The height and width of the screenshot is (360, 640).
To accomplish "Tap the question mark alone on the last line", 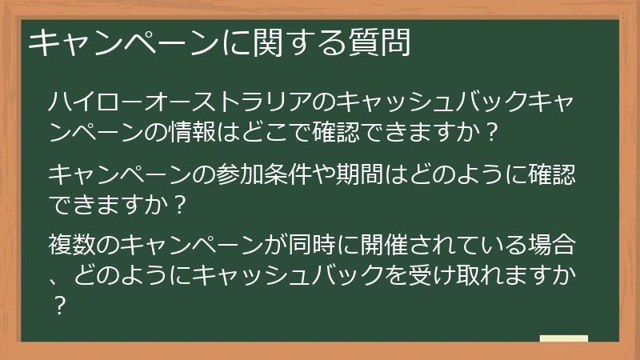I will coord(58,305).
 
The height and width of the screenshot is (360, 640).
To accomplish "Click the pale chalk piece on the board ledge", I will coord(563,338).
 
